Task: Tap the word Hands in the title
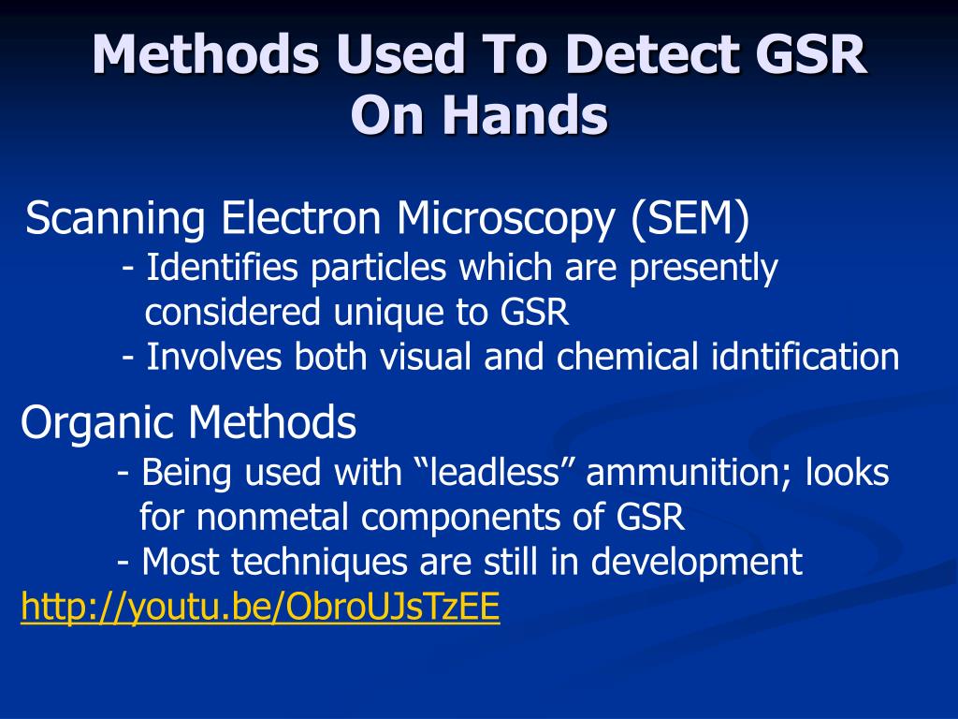coord(531,116)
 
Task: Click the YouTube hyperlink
coord(260,609)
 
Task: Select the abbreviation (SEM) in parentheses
coord(689,219)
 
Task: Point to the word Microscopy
coord(506,221)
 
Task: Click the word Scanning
coord(116,221)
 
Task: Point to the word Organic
coord(99,424)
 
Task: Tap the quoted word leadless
coord(494,473)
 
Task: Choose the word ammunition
coord(689,473)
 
